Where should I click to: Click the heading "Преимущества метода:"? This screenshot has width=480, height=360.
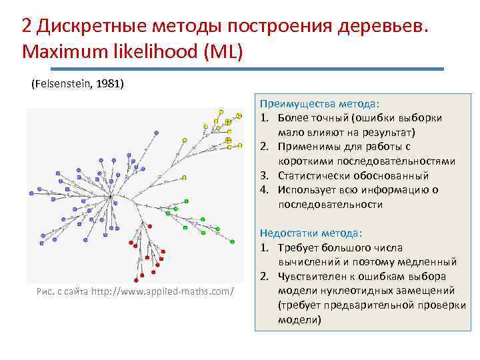click(x=319, y=104)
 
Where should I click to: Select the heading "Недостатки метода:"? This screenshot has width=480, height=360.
click(x=312, y=233)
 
